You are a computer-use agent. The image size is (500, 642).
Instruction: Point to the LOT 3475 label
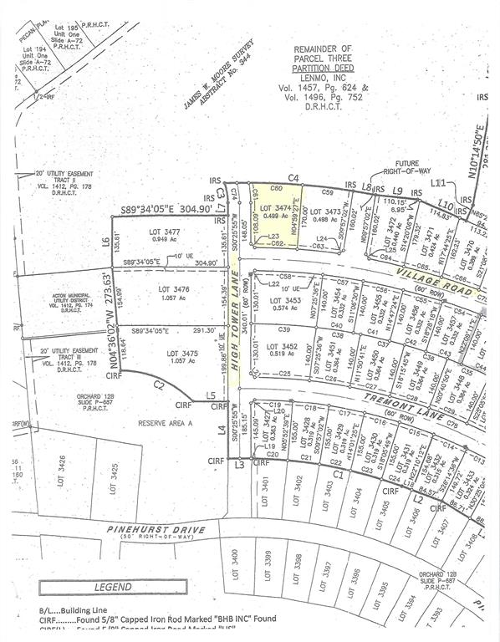[171, 355]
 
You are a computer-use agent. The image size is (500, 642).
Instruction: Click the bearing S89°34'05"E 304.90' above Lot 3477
[171, 209]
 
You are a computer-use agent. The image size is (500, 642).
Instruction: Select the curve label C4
[293, 177]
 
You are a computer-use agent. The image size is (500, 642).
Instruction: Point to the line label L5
[211, 395]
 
